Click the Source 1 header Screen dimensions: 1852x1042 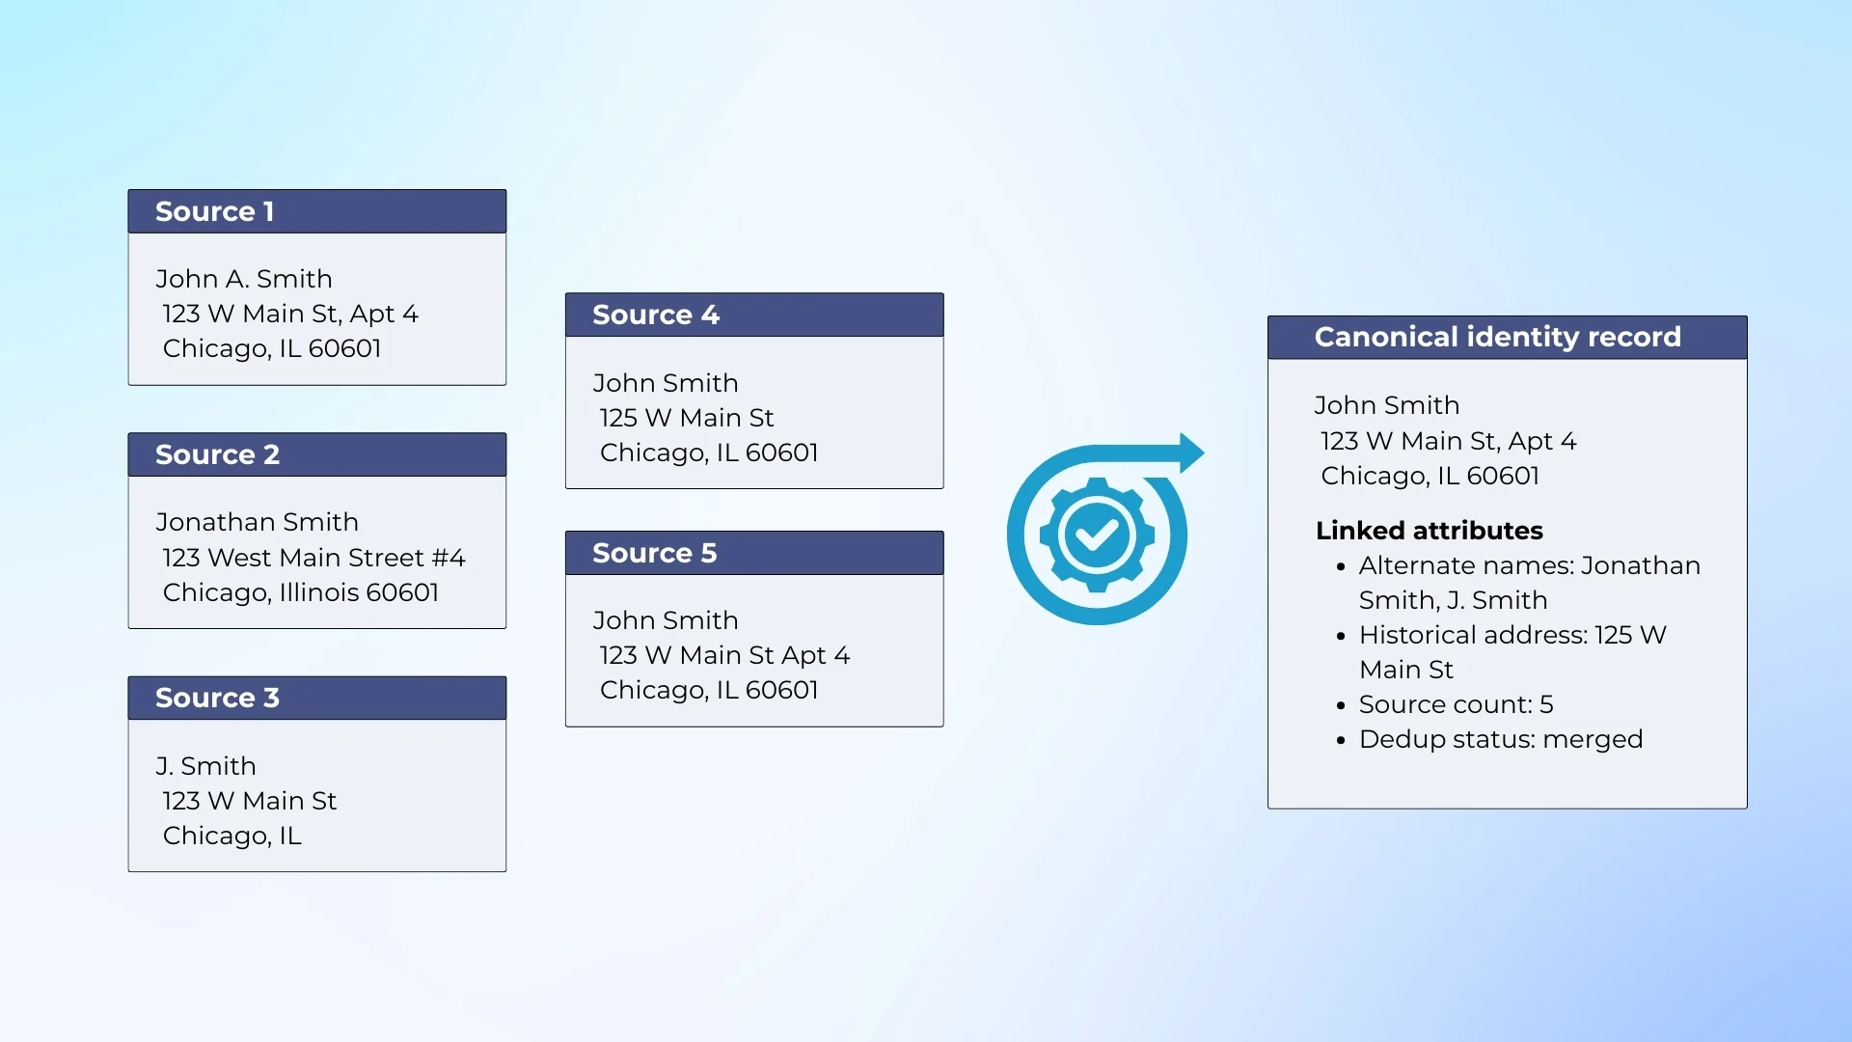(x=215, y=211)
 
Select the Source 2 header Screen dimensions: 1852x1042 (x=217, y=454)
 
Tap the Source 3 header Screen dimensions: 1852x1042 (x=217, y=698)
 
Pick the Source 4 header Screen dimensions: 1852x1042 (x=656, y=315)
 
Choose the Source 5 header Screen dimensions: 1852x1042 (x=655, y=553)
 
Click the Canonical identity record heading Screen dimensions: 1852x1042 (x=1498, y=337)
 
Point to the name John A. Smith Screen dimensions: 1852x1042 (x=244, y=279)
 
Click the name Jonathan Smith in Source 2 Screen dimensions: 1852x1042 (x=257, y=522)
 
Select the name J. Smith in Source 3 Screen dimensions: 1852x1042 (x=205, y=766)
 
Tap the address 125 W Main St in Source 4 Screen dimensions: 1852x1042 (x=687, y=418)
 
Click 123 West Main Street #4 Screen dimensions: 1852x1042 (x=313, y=558)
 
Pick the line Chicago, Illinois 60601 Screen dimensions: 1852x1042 (x=301, y=592)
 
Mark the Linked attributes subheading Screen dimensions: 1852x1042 (x=1430, y=531)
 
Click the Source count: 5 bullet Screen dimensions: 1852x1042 (x=1456, y=704)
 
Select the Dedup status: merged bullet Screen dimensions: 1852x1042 (x=1501, y=739)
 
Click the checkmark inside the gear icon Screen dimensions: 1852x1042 (x=1097, y=535)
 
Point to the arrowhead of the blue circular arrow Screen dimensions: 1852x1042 (x=1192, y=452)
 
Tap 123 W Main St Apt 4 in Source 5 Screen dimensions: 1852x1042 (x=724, y=655)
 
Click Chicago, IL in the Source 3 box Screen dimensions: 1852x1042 (x=232, y=836)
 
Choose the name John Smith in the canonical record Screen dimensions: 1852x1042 (x=1386, y=405)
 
